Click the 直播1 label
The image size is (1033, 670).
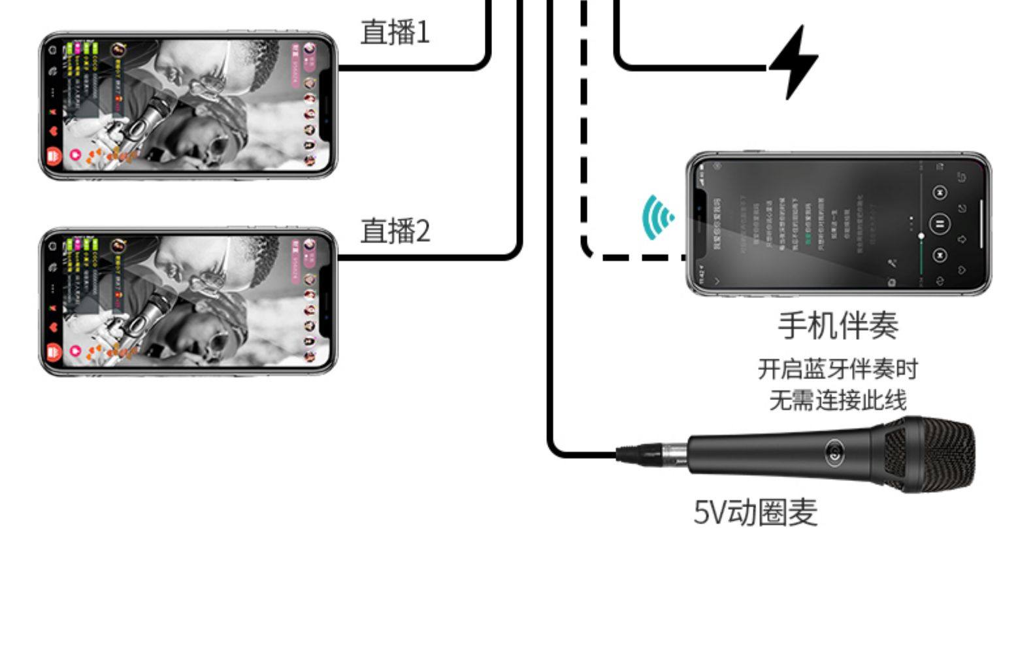pos(395,32)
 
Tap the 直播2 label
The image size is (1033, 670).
pos(395,231)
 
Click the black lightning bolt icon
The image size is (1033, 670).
pos(794,63)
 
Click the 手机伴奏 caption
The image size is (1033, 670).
pos(838,325)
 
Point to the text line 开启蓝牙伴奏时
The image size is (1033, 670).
pos(838,369)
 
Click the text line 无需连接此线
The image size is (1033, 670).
pos(838,400)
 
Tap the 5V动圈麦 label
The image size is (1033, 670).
pos(755,512)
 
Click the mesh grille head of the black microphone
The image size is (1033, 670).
pos(931,454)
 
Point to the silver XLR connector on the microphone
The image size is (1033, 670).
pos(660,452)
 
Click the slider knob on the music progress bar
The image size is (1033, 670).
pos(921,235)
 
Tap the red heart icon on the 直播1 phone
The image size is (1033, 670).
pos(54,130)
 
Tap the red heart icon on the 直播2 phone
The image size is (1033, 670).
pos(54,327)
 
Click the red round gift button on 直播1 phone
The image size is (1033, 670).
pos(54,156)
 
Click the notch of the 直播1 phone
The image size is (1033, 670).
pos(327,105)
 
